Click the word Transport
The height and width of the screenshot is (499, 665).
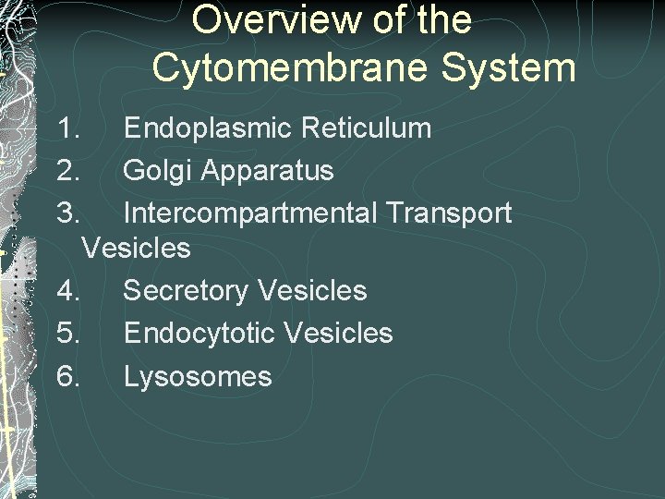(x=449, y=213)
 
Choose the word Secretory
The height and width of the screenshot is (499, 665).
(x=185, y=291)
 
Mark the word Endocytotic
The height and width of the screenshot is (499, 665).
(x=199, y=334)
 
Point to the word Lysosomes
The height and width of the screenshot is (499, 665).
(x=198, y=376)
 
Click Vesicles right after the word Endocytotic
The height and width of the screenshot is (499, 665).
(x=339, y=334)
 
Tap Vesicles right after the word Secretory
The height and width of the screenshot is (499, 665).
(x=312, y=291)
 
